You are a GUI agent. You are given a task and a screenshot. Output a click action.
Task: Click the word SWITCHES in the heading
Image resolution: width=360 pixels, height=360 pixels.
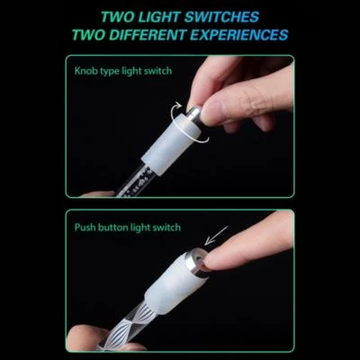click(221, 17)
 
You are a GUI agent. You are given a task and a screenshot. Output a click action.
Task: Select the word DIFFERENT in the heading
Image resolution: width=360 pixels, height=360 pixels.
click(147, 35)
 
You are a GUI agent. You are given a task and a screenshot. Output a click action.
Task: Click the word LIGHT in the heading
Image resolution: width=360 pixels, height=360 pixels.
click(157, 17)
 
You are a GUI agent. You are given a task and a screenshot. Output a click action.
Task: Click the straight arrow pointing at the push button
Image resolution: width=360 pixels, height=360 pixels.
click(217, 235)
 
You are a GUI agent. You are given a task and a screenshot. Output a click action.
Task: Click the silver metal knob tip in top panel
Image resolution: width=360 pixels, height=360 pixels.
click(193, 113)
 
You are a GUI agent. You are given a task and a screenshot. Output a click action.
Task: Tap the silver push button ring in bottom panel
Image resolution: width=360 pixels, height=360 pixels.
click(195, 261)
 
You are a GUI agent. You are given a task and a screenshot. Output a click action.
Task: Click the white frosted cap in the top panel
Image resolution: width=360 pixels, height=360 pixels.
click(169, 140)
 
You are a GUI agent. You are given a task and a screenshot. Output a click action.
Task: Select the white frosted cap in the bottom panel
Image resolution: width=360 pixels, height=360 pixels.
click(172, 283)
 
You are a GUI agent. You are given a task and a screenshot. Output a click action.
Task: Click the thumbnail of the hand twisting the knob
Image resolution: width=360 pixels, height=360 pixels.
click(208, 113)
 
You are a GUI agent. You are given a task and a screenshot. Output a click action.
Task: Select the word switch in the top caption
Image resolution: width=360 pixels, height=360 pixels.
click(159, 71)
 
